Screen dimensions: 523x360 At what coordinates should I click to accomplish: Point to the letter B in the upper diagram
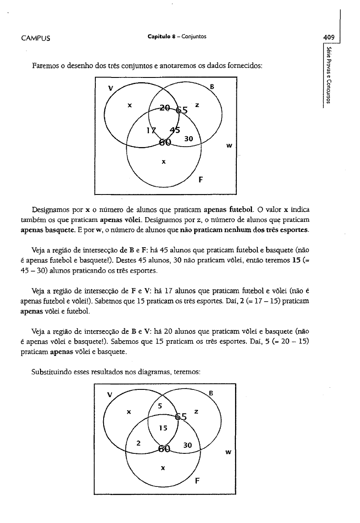click(x=212, y=86)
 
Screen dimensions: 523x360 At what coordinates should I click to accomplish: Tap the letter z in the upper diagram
click(x=197, y=105)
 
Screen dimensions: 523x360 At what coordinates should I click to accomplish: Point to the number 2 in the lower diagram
click(x=138, y=443)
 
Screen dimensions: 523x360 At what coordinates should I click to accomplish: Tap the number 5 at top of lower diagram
click(x=160, y=406)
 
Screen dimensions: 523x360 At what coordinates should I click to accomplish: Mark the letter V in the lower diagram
click(x=110, y=395)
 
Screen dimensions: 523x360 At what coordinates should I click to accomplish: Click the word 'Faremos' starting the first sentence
click(x=45, y=66)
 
